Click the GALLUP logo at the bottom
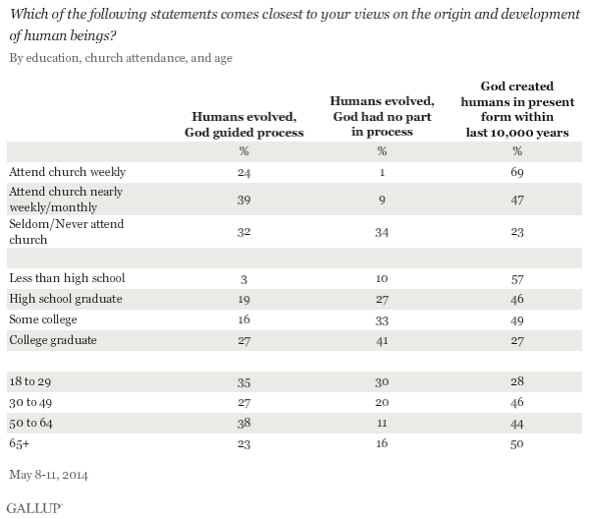coord(33,507)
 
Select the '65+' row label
coord(21,442)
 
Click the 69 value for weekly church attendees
coord(516,171)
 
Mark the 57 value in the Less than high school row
coord(516,278)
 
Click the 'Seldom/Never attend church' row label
coord(63,232)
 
